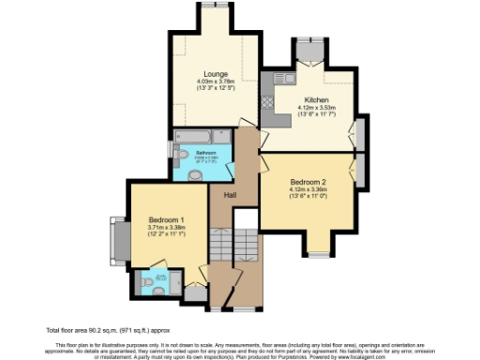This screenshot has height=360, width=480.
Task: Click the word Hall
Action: [x=229, y=194]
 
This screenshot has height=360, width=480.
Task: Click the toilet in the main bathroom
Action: [x=195, y=173]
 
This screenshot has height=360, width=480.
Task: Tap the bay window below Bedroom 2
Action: [x=319, y=252]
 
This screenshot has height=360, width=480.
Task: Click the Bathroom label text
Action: [x=206, y=152]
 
